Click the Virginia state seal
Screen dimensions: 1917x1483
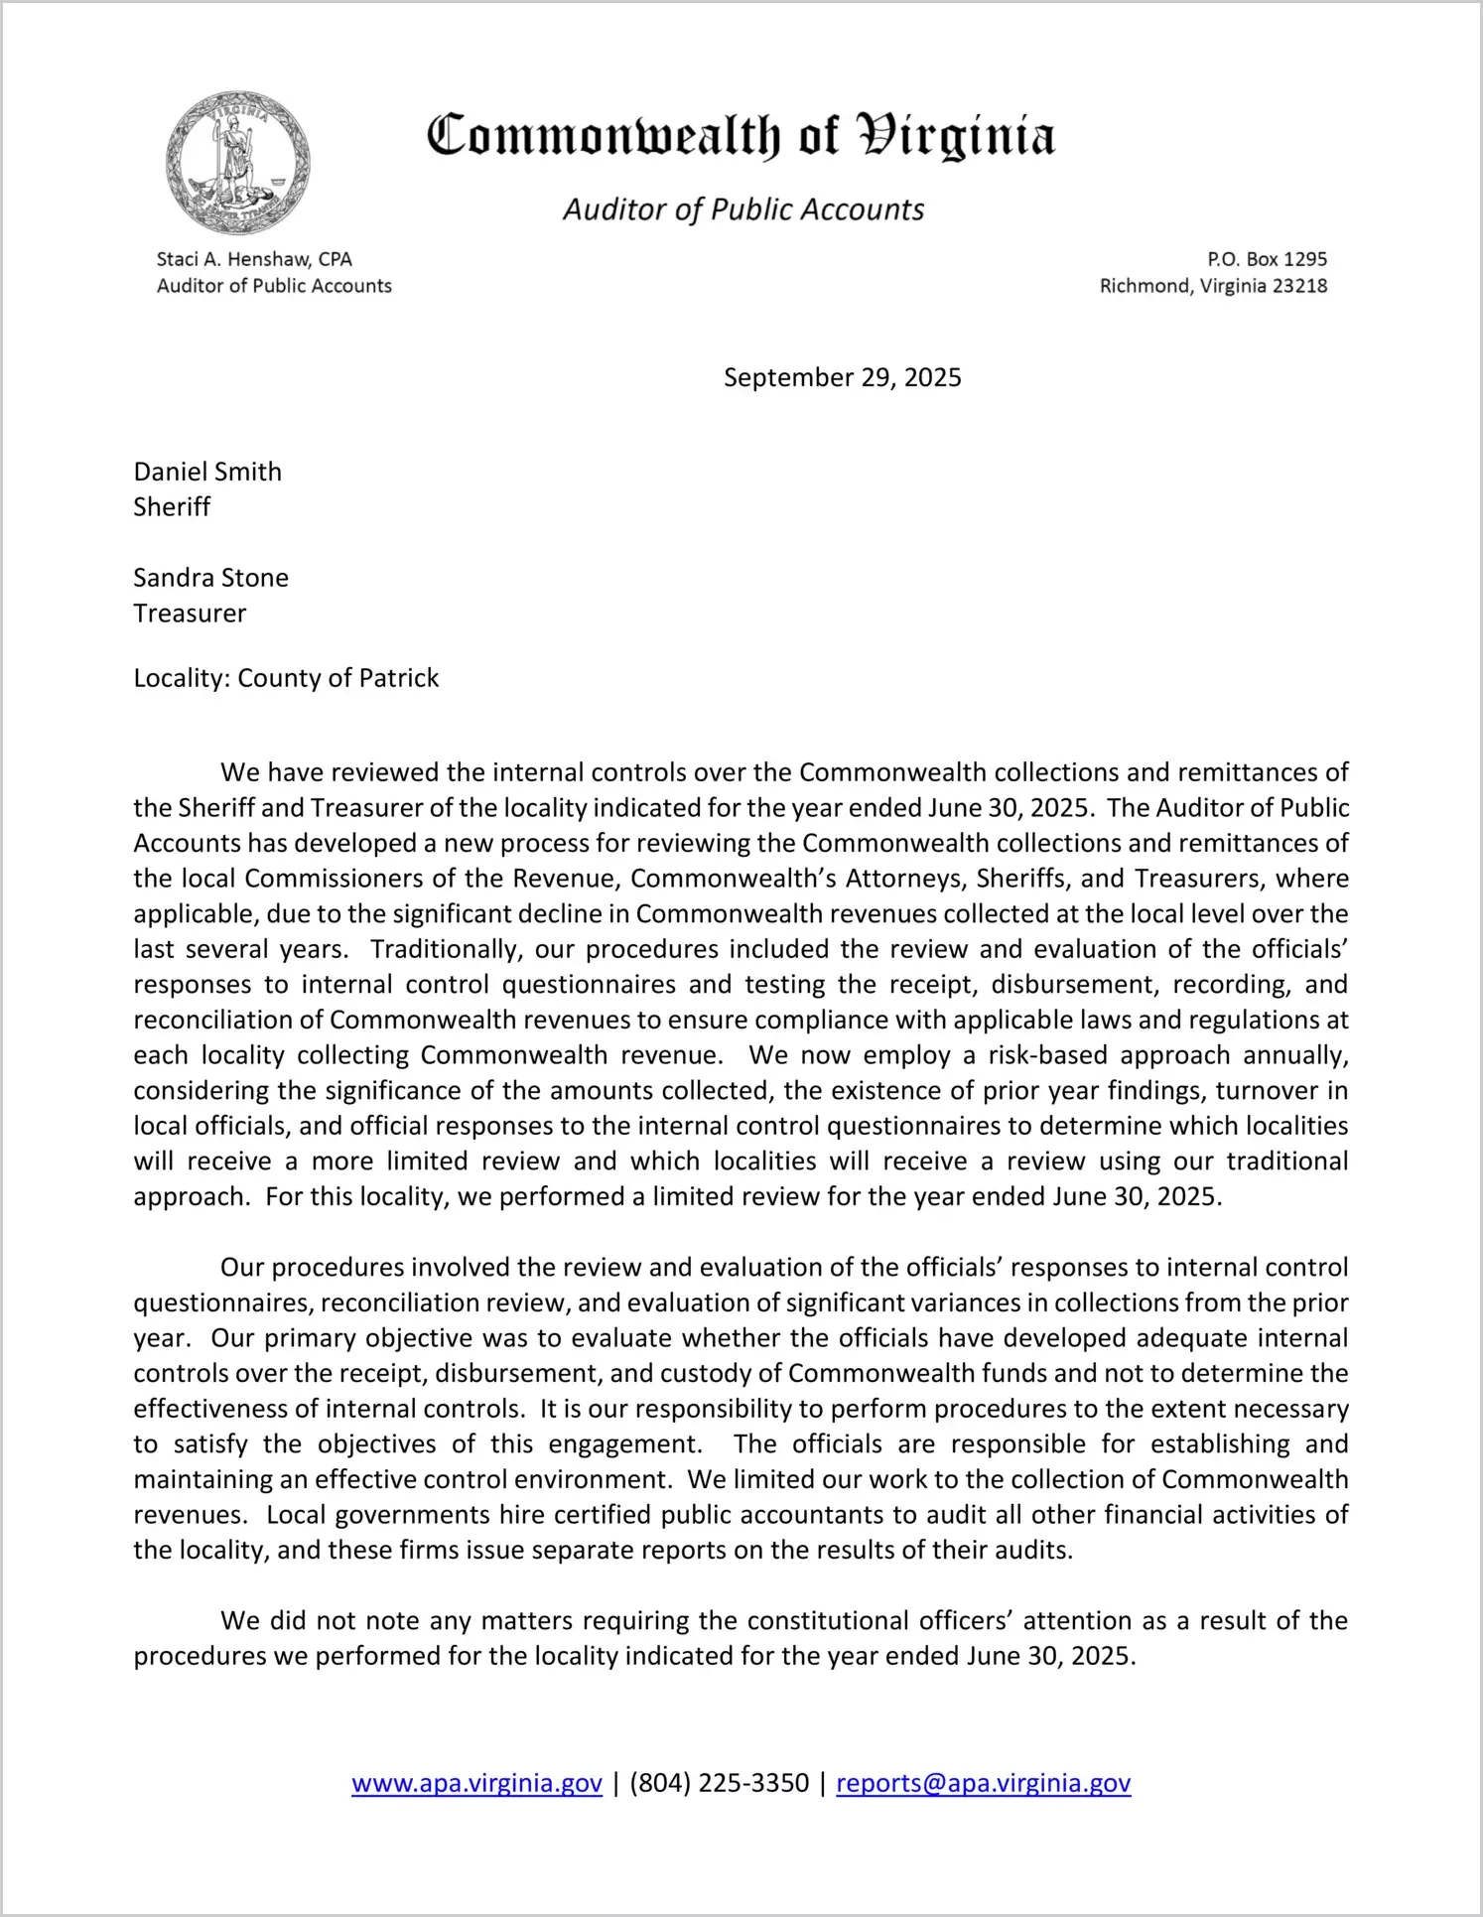click(x=237, y=163)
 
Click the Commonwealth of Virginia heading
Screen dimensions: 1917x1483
click(x=741, y=137)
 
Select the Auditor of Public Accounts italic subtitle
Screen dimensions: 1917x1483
click(x=743, y=209)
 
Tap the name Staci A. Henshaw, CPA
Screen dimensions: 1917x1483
click(x=254, y=259)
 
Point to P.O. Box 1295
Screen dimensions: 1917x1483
click(x=1267, y=259)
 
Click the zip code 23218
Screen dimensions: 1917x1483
click(x=1299, y=286)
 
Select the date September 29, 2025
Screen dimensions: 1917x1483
click(x=842, y=377)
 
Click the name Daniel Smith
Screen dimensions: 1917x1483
click(x=207, y=472)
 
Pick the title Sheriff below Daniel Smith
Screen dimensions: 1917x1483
click(x=172, y=507)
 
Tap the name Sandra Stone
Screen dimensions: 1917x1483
click(x=210, y=578)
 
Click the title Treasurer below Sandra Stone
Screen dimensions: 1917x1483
click(x=190, y=614)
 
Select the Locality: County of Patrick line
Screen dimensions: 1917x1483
click(x=286, y=678)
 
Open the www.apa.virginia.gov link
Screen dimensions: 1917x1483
click(x=476, y=1783)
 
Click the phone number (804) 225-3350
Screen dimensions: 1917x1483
click(x=719, y=1783)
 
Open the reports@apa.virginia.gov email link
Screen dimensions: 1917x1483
click(x=983, y=1783)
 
